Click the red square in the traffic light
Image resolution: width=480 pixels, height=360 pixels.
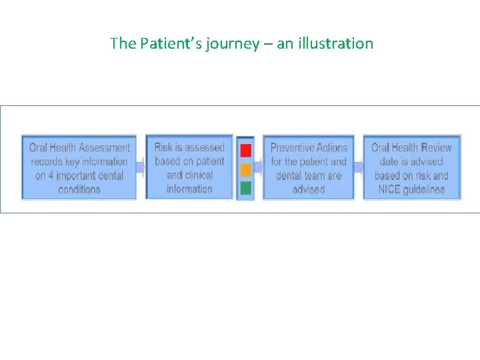pyautogui.click(x=245, y=150)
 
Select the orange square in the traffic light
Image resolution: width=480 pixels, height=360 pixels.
pyautogui.click(x=245, y=169)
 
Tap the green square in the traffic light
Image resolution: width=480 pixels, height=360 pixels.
pyautogui.click(x=245, y=188)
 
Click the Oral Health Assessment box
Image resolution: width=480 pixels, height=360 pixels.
pyautogui.click(x=79, y=168)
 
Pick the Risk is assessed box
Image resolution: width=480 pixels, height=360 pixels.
pyautogui.click(x=189, y=167)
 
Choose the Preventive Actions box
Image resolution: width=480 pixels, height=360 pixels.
pyautogui.click(x=308, y=168)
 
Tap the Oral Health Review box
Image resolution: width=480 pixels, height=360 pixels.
pyautogui.click(x=411, y=168)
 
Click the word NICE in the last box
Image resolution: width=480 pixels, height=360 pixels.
pyautogui.click(x=387, y=189)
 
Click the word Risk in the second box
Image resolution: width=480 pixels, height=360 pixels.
pyautogui.click(x=164, y=147)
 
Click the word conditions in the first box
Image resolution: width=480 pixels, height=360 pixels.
pyautogui.click(x=79, y=189)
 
